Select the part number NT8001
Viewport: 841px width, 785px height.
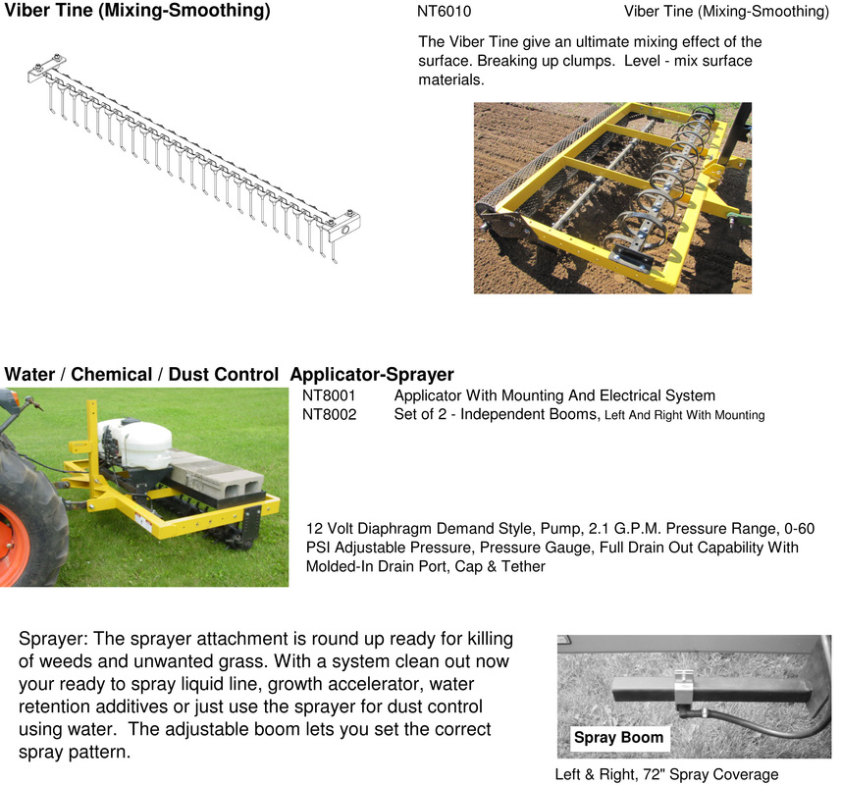[x=329, y=396]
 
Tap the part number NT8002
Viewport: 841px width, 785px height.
[x=329, y=415]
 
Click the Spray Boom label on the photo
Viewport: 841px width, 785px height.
[x=618, y=738]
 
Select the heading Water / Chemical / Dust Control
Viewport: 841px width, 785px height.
[x=141, y=375]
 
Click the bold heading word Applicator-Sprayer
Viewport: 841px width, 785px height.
[x=372, y=375]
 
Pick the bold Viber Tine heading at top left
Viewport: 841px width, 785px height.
[x=137, y=13]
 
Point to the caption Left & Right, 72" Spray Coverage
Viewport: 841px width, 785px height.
[x=666, y=774]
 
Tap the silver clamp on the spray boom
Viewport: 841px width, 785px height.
[x=686, y=683]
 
